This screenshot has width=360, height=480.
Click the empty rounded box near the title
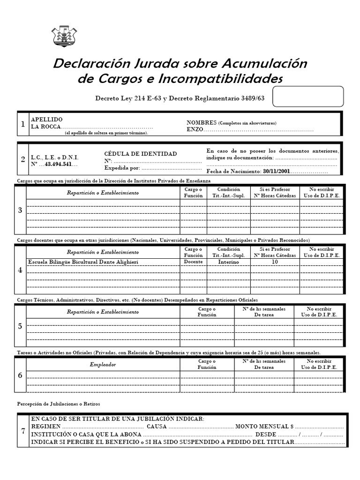pos(308,97)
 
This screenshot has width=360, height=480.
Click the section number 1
pos(22,124)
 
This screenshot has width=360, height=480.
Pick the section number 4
pos(20,270)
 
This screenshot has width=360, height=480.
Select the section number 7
pos(23,431)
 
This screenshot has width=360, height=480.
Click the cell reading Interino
pos(228,262)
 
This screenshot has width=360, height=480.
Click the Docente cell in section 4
pos(193,262)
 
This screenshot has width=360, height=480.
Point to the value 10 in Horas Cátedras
pos(275,262)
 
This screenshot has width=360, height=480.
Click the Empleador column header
pos(103,365)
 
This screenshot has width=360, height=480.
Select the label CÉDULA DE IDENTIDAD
pos(141,154)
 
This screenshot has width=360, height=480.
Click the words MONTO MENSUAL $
pos(264,427)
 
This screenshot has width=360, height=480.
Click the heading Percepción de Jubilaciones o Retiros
pos(59,404)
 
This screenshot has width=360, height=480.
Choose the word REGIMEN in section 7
pos(45,427)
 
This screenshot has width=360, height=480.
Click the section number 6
pos(20,375)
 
